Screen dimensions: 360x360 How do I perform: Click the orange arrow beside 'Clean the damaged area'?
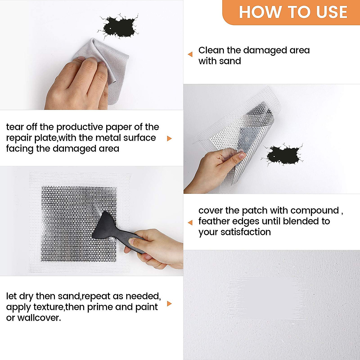click(190, 54)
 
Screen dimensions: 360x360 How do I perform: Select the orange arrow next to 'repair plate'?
click(169, 138)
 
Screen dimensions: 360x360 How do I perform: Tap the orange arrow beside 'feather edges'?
click(190, 223)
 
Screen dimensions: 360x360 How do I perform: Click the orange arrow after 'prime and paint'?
click(169, 304)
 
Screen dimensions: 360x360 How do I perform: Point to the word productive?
click(80, 127)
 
